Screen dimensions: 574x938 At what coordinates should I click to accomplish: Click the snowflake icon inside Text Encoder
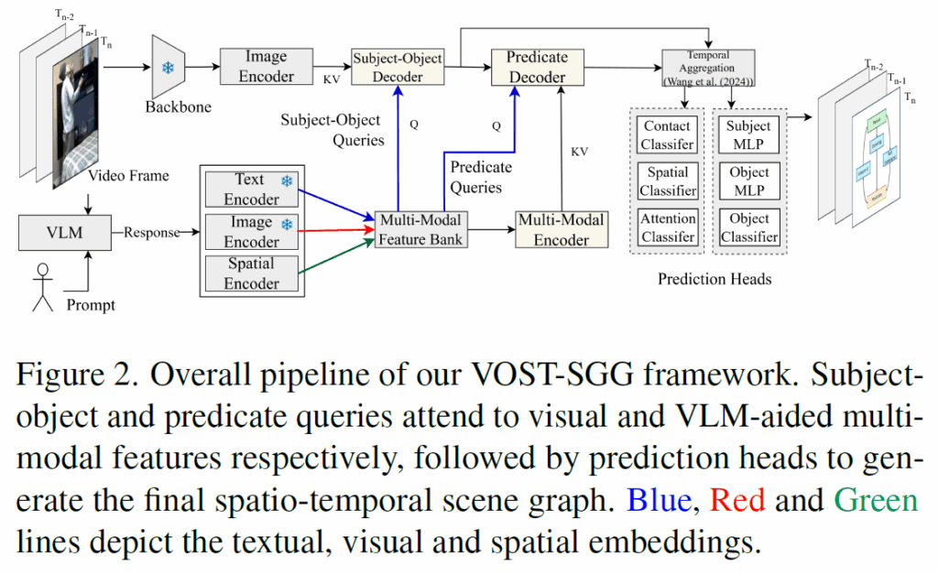click(x=287, y=182)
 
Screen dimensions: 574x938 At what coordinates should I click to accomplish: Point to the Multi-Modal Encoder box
click(x=562, y=229)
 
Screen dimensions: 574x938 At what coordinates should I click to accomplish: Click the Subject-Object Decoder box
click(x=397, y=67)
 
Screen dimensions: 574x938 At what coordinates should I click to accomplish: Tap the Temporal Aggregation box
click(x=708, y=68)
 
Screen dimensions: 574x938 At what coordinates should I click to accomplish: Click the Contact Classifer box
click(x=668, y=135)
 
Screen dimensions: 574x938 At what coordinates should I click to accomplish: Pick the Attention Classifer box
click(x=668, y=228)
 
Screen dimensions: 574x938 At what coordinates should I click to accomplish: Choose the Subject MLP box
click(x=749, y=135)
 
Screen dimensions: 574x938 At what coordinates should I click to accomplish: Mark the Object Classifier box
click(x=749, y=228)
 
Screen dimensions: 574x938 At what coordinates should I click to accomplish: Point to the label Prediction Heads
click(x=714, y=278)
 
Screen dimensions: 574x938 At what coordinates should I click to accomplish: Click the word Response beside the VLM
click(x=152, y=232)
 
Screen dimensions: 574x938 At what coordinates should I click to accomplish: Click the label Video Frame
click(x=128, y=175)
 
